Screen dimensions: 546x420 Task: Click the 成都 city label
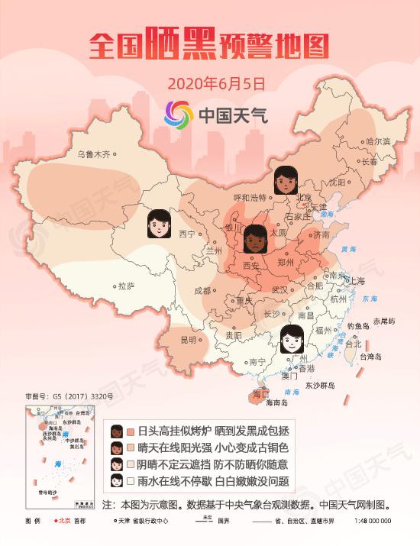(x=202, y=291)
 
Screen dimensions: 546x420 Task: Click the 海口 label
(x=260, y=395)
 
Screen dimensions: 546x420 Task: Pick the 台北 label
(x=354, y=344)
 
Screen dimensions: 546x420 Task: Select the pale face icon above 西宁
(x=158, y=223)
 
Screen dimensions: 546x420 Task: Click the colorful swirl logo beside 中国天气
(x=179, y=115)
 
